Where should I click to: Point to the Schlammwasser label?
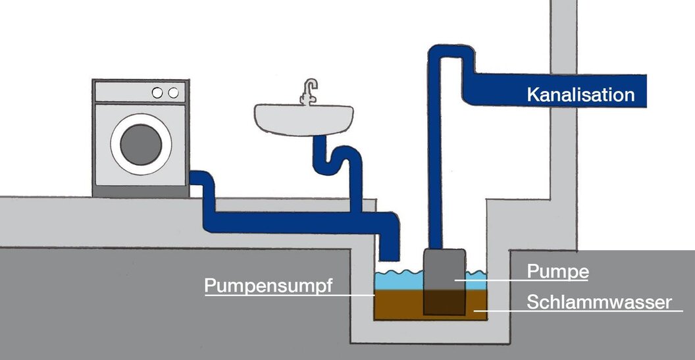[599, 302]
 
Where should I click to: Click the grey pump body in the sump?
[444, 267]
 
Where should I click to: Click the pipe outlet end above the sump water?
[390, 253]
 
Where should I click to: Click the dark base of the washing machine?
[141, 192]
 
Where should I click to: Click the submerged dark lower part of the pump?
[444, 301]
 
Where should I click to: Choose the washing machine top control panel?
[141, 92]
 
